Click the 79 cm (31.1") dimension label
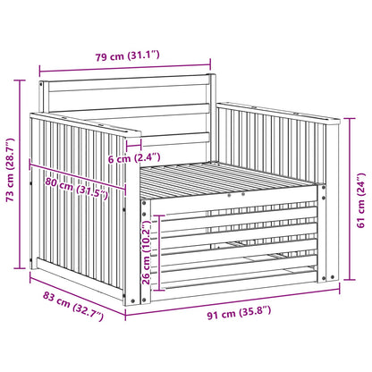click(128, 55)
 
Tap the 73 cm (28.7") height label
click(11, 170)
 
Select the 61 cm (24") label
click(360, 200)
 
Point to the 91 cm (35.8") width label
click(239, 313)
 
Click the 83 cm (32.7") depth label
click(73, 307)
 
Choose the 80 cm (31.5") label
click(77, 189)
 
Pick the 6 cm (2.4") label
click(134, 158)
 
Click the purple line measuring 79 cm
click(125, 68)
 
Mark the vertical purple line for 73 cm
click(20, 174)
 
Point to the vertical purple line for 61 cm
click(350, 199)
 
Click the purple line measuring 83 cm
click(78, 295)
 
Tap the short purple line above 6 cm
click(133, 146)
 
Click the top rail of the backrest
click(128, 83)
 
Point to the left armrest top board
click(85, 123)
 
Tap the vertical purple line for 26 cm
click(160, 252)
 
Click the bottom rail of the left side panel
click(79, 279)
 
